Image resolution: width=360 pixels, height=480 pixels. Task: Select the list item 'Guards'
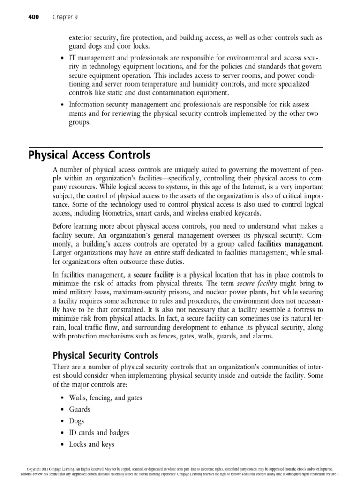(80, 409)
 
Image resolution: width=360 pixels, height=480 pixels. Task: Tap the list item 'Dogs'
(77, 421)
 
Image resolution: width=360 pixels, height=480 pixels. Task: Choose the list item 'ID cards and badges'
(99, 433)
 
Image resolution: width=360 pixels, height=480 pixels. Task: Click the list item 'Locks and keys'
(91, 444)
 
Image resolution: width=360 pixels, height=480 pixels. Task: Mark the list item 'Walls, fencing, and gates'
(105, 397)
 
